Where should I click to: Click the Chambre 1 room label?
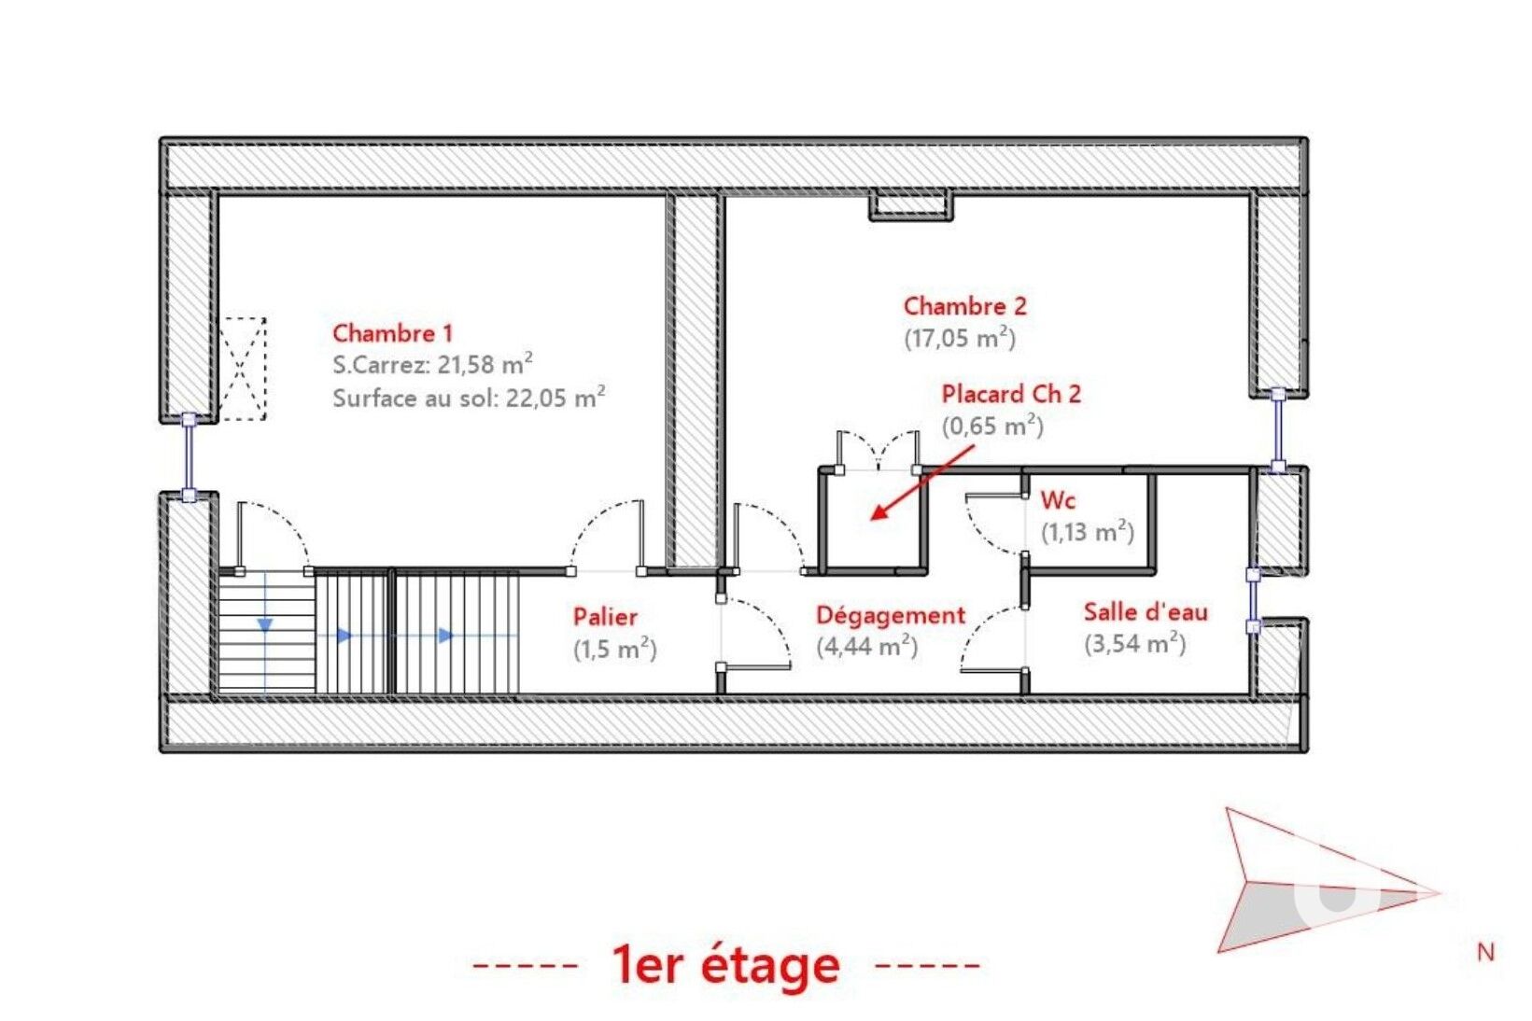[x=393, y=334]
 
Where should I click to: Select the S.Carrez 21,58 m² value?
[x=433, y=365]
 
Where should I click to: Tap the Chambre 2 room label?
[x=965, y=306]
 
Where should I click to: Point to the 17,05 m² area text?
[x=960, y=338]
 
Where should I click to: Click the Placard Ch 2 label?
[x=1011, y=394]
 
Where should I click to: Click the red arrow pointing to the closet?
[x=922, y=483]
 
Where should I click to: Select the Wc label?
[x=1058, y=500]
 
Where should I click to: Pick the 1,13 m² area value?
[x=1088, y=532]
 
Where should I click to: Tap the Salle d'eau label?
[x=1145, y=612]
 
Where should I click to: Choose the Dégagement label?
[x=891, y=615]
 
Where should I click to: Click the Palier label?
[x=605, y=617]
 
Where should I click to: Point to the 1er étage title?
[x=726, y=965]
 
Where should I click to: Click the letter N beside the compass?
[x=1485, y=953]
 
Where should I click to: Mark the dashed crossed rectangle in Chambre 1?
[x=242, y=369]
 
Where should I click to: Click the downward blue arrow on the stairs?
[x=265, y=624]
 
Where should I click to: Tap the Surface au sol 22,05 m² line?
[x=470, y=398]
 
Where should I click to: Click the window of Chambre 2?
[x=1277, y=431]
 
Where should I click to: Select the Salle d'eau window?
[x=1253, y=601]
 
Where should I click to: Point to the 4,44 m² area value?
[x=866, y=646]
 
